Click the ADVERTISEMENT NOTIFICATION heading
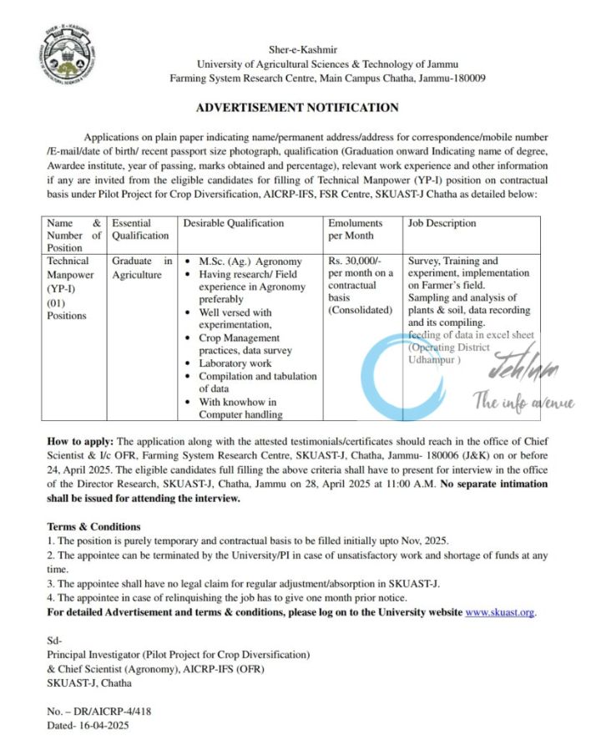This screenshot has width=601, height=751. pos(297,108)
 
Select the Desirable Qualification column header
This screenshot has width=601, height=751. pos(234,223)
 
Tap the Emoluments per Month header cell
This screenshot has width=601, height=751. pos(355,229)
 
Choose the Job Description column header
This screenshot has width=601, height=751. pos(442,223)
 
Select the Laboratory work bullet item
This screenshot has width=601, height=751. pos(235,363)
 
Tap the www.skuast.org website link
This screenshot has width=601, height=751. pos(499,612)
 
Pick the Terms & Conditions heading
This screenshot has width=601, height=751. pos(94,527)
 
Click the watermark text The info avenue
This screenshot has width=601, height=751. pos(524,403)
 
